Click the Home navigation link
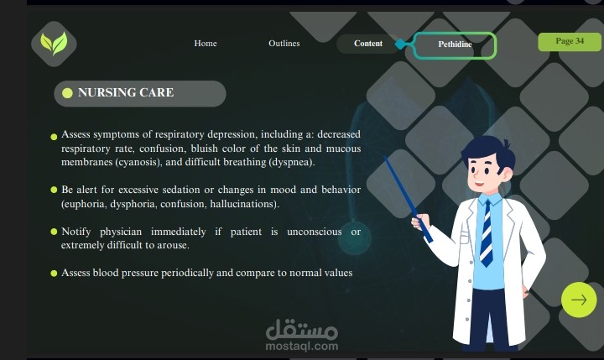coord(206,43)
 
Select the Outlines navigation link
coord(284,43)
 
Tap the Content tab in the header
coord(368,44)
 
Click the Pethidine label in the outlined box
coord(455,44)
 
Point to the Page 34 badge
coord(570,42)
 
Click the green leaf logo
coord(54,44)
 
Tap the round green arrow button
coord(579,300)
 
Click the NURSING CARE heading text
coord(126,92)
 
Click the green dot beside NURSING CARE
coord(67,93)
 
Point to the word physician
coord(121,232)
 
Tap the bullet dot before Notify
coord(54,232)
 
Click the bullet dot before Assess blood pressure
coord(54,274)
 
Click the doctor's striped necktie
coord(487,234)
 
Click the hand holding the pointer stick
coord(420,221)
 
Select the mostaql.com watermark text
coord(302,346)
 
